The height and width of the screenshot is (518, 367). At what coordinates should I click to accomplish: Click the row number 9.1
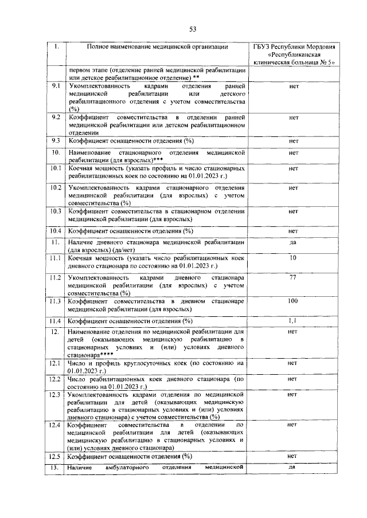pos(56,85)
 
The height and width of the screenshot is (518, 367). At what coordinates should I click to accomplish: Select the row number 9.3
pos(56,140)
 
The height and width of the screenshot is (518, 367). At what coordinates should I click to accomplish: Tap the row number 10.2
pos(56,187)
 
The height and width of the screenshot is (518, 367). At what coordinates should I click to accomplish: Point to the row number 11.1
pos(56,259)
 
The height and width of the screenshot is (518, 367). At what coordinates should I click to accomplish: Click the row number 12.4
pos(56,425)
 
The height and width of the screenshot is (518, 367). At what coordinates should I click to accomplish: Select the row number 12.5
pos(56,456)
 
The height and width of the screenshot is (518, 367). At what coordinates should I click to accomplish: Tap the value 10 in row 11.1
pos(293,258)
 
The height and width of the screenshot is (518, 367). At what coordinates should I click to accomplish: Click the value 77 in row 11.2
pos(293,277)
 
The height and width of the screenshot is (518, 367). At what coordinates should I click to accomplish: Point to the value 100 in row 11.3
pos(293,300)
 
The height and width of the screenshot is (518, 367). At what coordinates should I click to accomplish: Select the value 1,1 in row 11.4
pos(293,320)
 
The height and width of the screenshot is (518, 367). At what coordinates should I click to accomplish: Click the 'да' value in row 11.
pos(293,242)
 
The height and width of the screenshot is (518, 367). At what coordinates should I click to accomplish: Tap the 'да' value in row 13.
pos(293,468)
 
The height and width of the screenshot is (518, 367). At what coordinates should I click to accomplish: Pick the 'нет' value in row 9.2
pos(294,117)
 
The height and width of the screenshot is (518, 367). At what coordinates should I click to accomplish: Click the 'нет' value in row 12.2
pos(292,379)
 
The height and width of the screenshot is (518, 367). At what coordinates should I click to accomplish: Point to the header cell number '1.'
pos(56,46)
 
